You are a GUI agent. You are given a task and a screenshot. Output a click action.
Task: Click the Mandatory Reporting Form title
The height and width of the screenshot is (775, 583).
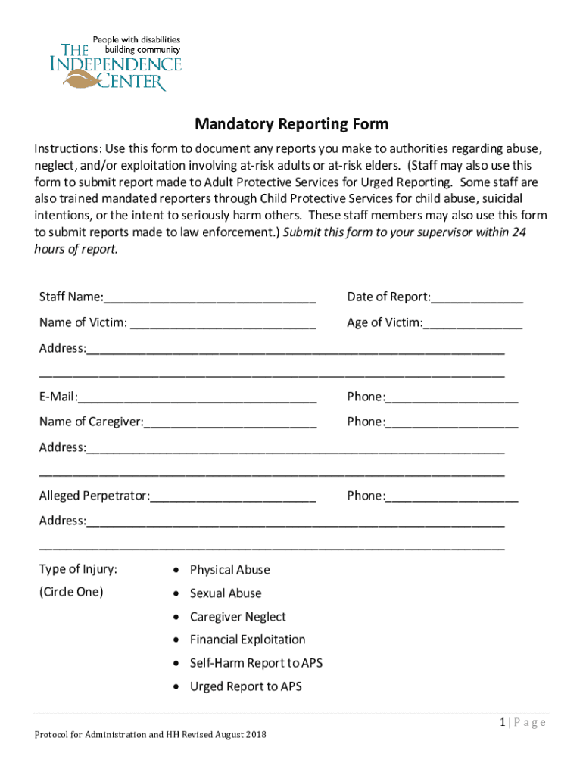(x=291, y=123)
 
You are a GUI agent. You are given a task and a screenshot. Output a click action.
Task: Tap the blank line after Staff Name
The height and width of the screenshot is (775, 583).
(x=210, y=297)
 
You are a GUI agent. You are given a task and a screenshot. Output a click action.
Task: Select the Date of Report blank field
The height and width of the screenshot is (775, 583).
(x=477, y=297)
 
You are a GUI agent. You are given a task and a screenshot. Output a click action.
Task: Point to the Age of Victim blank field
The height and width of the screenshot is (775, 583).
(x=473, y=323)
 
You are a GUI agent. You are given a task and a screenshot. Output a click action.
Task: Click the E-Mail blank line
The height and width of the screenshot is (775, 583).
(x=197, y=397)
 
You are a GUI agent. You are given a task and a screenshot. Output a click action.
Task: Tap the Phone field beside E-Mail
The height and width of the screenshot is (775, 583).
(x=452, y=397)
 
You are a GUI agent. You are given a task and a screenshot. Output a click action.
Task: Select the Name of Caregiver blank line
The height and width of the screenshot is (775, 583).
(x=230, y=422)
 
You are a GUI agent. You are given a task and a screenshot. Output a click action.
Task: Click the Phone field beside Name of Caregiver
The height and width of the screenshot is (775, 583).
(x=452, y=422)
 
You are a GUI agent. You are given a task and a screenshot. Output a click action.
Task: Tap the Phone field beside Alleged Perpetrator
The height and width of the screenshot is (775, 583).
(x=452, y=496)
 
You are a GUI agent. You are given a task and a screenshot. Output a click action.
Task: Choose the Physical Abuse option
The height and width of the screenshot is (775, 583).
(x=229, y=570)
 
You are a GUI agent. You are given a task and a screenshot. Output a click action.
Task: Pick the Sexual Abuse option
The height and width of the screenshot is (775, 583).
(x=226, y=593)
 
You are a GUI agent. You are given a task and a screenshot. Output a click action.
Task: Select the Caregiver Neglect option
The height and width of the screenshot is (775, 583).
(x=238, y=617)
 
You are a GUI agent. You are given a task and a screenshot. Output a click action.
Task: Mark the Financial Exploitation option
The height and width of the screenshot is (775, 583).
(x=248, y=640)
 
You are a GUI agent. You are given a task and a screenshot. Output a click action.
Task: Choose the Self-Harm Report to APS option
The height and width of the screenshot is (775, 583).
(x=256, y=663)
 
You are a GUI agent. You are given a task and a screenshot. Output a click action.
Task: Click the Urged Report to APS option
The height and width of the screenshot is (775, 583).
(x=245, y=686)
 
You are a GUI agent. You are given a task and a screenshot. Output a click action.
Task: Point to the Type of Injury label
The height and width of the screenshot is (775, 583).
(x=78, y=569)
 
